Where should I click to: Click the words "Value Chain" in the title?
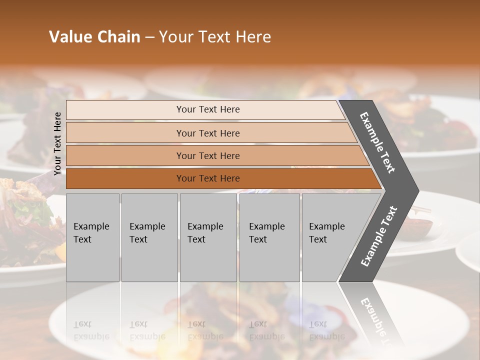coord(94,37)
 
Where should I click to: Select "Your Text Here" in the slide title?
coord(215,37)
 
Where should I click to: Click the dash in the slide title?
coord(149,37)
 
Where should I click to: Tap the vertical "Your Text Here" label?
coord(57,143)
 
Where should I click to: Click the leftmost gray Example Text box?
coord(92,237)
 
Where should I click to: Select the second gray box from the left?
coord(149,237)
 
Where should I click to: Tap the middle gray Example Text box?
coord(208,237)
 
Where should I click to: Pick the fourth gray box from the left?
coord(269,237)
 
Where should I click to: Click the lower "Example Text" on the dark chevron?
coord(379,236)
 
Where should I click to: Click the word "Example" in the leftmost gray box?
coord(91,226)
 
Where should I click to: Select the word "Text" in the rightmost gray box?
coord(318,239)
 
